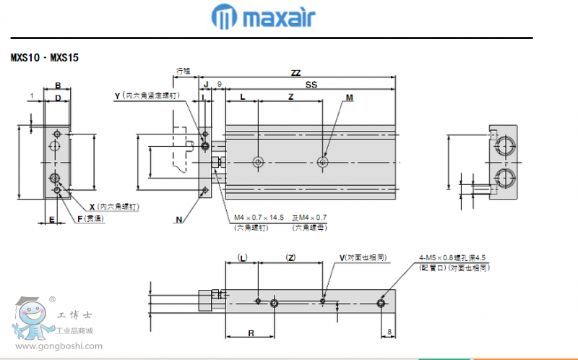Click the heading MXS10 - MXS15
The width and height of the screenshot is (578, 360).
[x=44, y=57]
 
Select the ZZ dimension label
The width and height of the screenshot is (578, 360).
[x=296, y=73]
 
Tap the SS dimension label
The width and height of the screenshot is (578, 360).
[x=311, y=85]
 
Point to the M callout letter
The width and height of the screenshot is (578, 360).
[x=350, y=97]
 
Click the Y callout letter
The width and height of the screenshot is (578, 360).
[x=118, y=95]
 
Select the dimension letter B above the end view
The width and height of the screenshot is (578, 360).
[x=58, y=85]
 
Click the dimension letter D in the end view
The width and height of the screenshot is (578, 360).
[x=58, y=97]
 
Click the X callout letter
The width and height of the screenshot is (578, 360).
[x=92, y=207]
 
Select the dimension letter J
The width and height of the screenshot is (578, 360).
[x=205, y=85]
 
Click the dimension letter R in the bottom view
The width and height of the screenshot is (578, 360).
[x=250, y=333]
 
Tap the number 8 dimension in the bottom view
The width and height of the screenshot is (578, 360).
[x=389, y=332]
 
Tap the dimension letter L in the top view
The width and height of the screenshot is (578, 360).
[x=242, y=97]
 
